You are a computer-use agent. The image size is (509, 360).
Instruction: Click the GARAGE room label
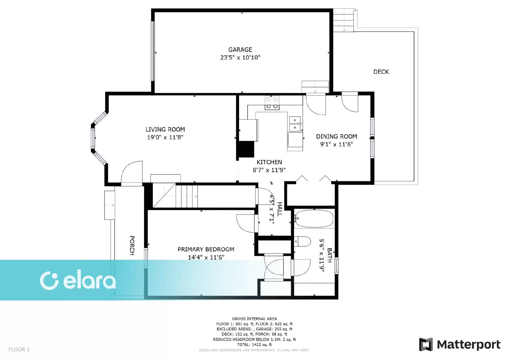(x=240, y=50)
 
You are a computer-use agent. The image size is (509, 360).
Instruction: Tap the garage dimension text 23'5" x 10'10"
(x=240, y=58)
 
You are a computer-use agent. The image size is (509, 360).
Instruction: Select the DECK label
(x=381, y=72)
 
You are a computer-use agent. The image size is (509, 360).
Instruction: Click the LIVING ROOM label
(x=165, y=130)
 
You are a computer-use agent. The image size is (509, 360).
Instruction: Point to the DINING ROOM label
(x=337, y=137)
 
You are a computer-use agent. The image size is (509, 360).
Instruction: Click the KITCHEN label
(x=269, y=162)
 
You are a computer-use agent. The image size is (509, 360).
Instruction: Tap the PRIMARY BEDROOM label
(x=206, y=250)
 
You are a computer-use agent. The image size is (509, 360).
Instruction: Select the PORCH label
(x=132, y=245)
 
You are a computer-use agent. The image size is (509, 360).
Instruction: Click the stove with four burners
(x=272, y=103)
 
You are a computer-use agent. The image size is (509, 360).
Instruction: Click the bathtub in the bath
(x=314, y=219)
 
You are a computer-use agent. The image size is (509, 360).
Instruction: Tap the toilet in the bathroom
(x=302, y=242)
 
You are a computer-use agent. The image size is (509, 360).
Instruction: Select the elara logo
(x=78, y=281)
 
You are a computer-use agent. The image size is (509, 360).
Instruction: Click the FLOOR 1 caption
(x=19, y=349)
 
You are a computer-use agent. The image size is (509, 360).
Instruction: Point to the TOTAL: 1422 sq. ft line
(x=254, y=344)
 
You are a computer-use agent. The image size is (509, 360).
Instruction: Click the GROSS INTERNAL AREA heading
(x=254, y=319)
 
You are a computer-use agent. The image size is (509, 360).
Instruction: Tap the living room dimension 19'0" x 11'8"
(x=165, y=138)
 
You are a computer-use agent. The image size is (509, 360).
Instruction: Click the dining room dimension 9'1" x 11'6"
(x=337, y=145)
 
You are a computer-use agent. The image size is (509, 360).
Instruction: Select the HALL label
(x=280, y=209)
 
